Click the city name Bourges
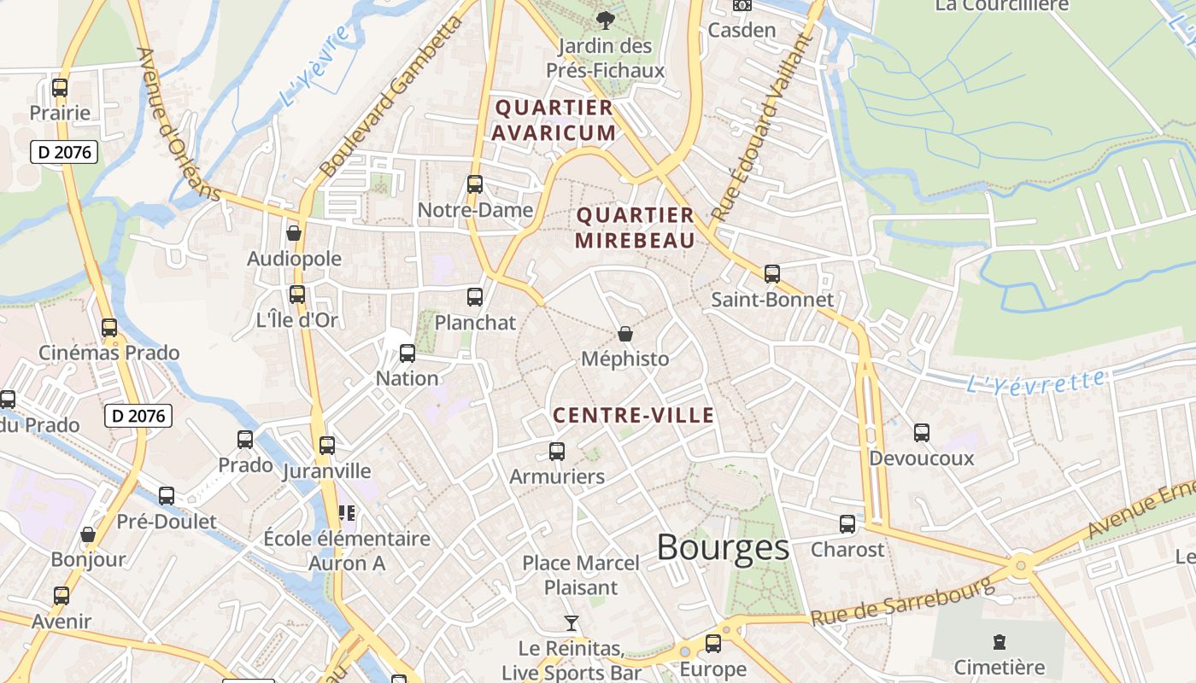[723, 548]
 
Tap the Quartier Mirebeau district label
[635, 228]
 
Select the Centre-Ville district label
[633, 416]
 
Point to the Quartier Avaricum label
[554, 120]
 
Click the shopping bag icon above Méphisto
[625, 334]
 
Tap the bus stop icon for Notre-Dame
[475, 184]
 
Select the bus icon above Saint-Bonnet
[772, 274]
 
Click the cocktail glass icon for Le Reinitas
[572, 623]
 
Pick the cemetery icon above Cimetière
[1000, 642]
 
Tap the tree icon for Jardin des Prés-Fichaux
[607, 20]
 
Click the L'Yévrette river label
[1035, 381]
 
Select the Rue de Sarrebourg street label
[902, 603]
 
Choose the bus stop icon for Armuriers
[557, 451]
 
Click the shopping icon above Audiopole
[294, 233]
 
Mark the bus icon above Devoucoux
[922, 433]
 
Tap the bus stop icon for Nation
[407, 353]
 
